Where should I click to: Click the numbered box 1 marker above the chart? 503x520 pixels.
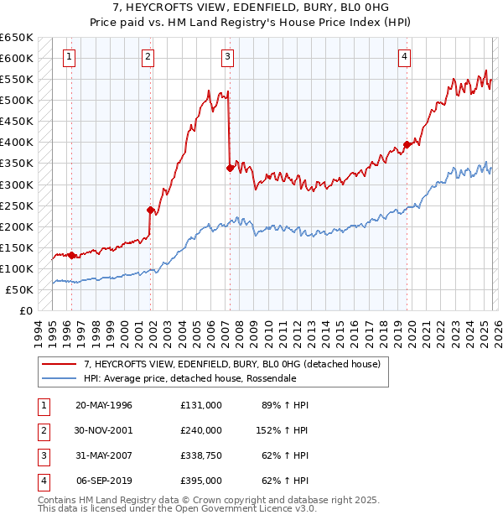(x=68, y=57)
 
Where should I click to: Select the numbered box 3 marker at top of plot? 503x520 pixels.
(x=227, y=57)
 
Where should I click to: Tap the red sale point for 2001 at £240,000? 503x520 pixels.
(x=151, y=210)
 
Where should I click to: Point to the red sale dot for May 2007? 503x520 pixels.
(x=230, y=168)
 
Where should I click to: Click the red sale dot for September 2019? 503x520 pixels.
(x=407, y=144)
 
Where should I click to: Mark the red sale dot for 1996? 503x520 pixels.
(x=71, y=255)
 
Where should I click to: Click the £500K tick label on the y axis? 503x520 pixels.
(x=17, y=101)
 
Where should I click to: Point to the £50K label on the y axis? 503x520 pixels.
(x=20, y=289)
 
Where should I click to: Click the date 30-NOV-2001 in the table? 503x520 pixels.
(x=104, y=429)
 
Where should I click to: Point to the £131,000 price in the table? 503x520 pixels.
(x=200, y=404)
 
